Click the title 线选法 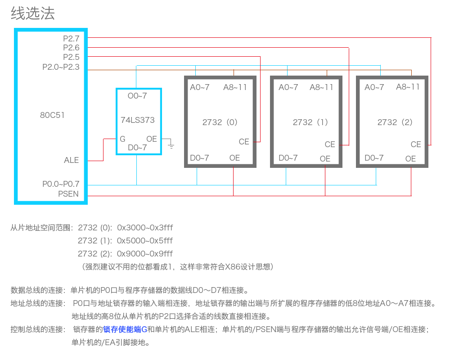pos(33,13)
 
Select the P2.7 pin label pos(71,38)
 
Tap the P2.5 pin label pos(71,57)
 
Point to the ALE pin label pos(71,160)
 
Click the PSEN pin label pos(68,194)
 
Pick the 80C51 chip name pos(52,115)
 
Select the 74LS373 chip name pos(137,120)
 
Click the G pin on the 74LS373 pos(122,139)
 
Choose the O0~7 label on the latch pos(137,95)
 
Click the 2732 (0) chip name pos(220,122)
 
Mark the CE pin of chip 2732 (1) pos(330,144)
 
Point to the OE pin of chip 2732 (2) pos(410,159)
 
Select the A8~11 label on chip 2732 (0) pos(235,87)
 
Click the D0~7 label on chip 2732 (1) pos(288,158)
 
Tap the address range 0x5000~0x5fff pos(144,241)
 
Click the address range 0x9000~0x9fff pos(144,254)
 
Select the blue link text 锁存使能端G pos(125,329)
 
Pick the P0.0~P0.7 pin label pos(61,184)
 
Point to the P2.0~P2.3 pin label pos(61,67)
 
